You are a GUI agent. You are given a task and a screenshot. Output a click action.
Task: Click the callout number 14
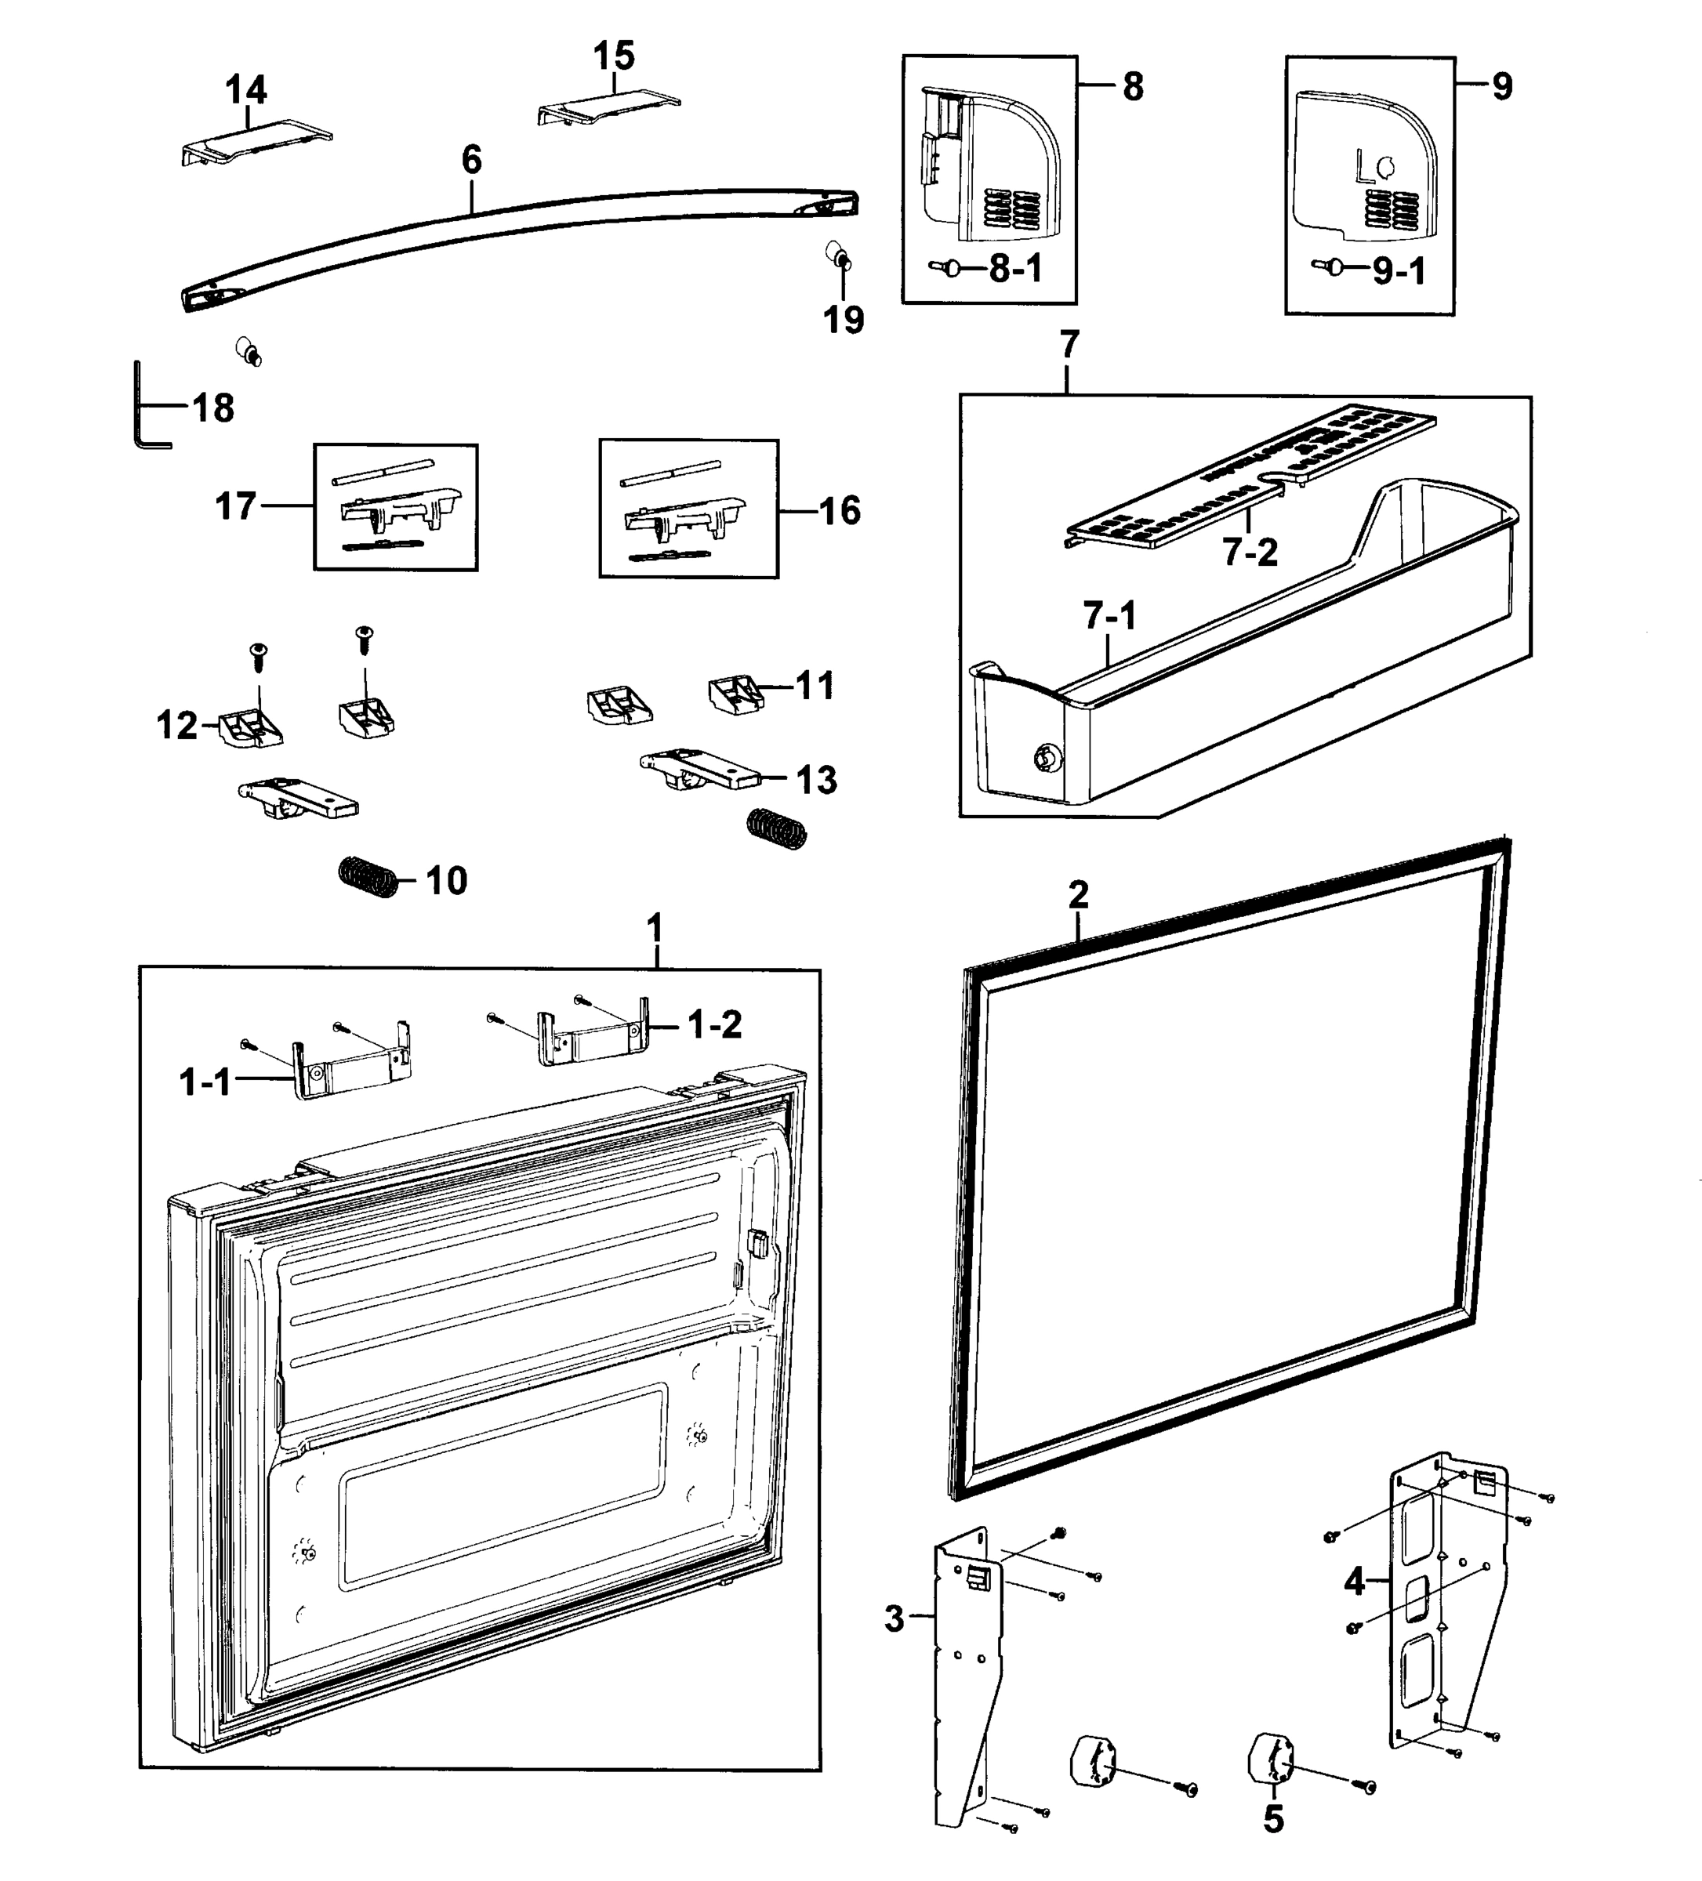click(x=246, y=90)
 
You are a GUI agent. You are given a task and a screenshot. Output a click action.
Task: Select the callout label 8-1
click(x=1015, y=270)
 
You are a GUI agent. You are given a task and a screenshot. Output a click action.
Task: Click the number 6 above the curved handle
click(x=472, y=161)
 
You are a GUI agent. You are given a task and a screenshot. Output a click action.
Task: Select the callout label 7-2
click(x=1250, y=553)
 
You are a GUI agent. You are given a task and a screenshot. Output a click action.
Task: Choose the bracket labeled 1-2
click(x=590, y=1038)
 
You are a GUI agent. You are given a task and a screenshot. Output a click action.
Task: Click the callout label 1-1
click(x=205, y=1082)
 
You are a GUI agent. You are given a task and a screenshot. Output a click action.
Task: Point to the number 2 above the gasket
click(x=1079, y=895)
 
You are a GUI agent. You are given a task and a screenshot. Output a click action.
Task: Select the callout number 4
click(x=1354, y=1581)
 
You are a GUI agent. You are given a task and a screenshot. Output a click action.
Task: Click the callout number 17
click(x=235, y=506)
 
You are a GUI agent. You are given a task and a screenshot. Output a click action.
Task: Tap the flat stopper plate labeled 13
click(x=700, y=770)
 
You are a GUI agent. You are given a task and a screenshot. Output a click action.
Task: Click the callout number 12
click(x=176, y=725)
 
